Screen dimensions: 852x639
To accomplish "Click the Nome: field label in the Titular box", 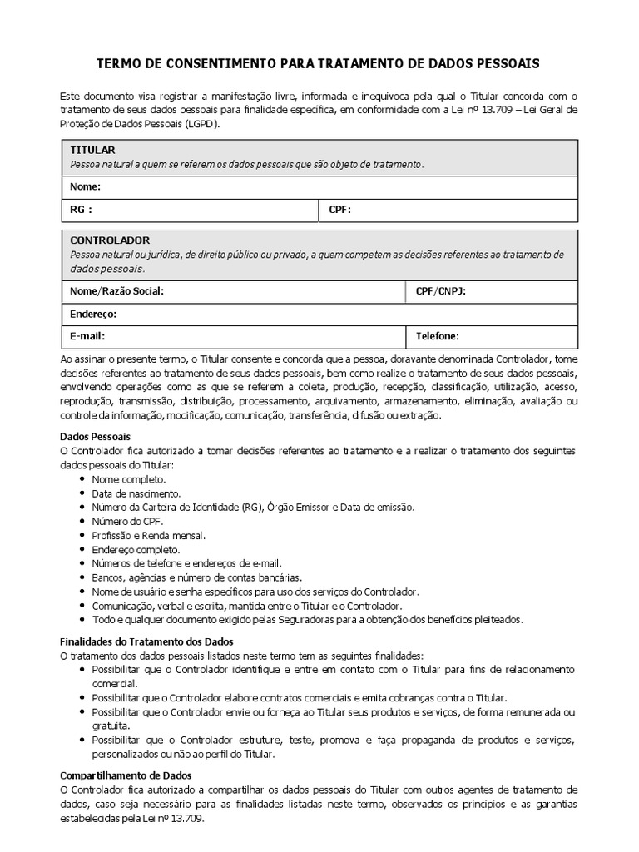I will tap(86, 186).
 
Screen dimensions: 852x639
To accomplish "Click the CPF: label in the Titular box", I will tap(340, 210).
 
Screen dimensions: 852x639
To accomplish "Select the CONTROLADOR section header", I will tap(110, 240).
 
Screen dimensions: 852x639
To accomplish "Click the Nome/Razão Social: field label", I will tap(117, 291).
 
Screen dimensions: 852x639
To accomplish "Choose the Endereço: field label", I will tap(93, 314).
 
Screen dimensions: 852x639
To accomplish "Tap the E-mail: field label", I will tap(88, 336).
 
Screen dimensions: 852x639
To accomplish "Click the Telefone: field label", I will tap(438, 336).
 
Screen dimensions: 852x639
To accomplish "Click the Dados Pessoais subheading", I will tap(95, 436).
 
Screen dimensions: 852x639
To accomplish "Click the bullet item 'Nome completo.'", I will tap(128, 479).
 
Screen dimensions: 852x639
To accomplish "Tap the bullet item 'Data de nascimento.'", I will tap(136, 493).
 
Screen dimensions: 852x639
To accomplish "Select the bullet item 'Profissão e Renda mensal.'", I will tap(148, 536).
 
